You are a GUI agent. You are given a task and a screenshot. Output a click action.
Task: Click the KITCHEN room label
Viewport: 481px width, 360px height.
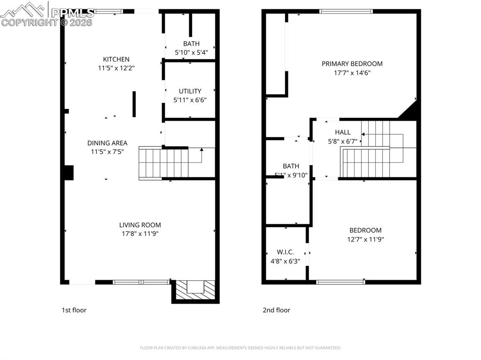point(116,59)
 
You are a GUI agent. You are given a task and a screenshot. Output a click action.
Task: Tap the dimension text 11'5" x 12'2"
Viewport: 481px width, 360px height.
point(116,68)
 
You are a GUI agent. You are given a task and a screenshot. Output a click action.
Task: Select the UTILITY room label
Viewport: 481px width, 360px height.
point(190,91)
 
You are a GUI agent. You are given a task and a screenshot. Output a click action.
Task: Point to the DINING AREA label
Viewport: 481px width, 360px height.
point(107,143)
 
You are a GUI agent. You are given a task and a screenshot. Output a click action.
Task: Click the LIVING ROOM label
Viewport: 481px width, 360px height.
point(140,225)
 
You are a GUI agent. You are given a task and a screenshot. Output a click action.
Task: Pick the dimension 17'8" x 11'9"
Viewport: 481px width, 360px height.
point(140,234)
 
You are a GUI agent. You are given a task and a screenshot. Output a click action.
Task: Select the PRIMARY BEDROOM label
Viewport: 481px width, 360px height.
point(352,64)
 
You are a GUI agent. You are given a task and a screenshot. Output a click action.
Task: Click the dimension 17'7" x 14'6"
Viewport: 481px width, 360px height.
point(352,73)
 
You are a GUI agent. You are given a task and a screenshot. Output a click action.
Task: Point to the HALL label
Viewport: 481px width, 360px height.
point(342,132)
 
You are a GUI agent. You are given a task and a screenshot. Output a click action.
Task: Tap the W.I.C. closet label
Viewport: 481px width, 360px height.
point(285,252)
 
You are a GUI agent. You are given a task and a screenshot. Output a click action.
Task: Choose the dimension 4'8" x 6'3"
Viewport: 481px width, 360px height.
point(285,261)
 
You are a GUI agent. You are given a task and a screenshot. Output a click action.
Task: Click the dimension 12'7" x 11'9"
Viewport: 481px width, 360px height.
point(365,239)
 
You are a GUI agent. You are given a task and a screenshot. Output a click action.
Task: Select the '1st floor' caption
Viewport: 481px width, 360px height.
point(74,310)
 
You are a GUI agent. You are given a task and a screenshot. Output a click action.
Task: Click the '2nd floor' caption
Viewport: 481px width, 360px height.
point(276,310)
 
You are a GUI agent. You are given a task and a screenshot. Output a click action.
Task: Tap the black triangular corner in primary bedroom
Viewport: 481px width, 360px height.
point(410,112)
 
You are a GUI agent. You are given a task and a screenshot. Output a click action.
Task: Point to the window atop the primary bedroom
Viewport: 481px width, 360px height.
point(346,11)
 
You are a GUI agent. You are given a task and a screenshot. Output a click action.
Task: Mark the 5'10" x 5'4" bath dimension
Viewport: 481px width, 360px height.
point(191,53)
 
